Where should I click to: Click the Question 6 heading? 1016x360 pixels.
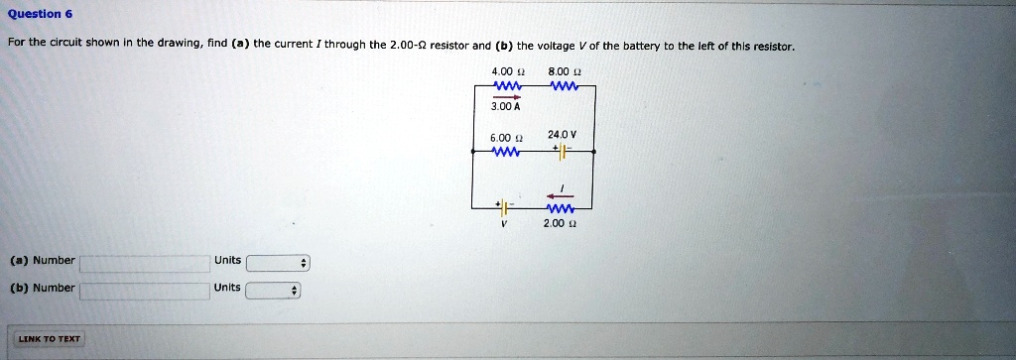click(x=40, y=14)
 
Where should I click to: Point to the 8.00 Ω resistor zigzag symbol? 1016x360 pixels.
click(x=563, y=85)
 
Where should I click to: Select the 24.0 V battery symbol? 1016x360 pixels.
click(x=562, y=152)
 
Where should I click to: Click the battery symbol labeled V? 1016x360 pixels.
click(x=504, y=208)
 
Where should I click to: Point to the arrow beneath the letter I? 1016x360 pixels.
click(x=561, y=196)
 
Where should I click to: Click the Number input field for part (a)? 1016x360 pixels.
click(x=144, y=263)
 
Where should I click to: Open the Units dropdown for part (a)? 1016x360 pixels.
click(x=278, y=263)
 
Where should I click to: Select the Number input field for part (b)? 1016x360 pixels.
click(x=144, y=290)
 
